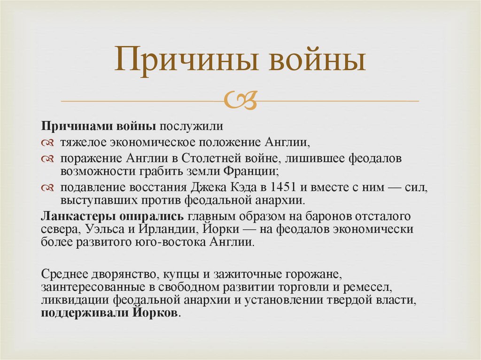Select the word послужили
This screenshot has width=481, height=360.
(x=190, y=127)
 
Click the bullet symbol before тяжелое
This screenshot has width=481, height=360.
(x=48, y=142)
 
